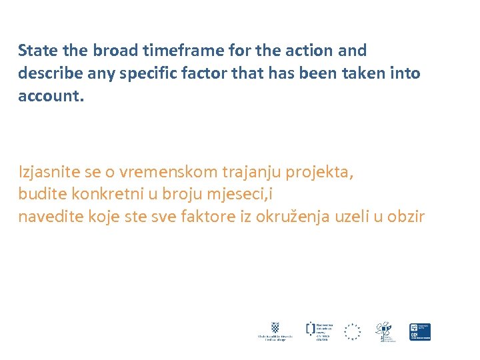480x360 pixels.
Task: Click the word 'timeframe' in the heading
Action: tap(191, 51)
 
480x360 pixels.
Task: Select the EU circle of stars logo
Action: tap(352, 331)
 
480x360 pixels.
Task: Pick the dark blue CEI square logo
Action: tap(420, 331)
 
